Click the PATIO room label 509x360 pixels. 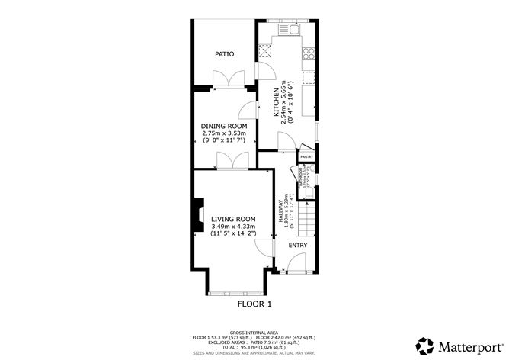(x=223, y=54)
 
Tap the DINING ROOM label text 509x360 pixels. (x=224, y=125)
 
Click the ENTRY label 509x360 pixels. (x=297, y=245)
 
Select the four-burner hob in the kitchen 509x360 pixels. (x=309, y=53)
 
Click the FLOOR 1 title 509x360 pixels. (x=254, y=304)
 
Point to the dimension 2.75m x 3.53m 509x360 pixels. (x=224, y=133)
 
